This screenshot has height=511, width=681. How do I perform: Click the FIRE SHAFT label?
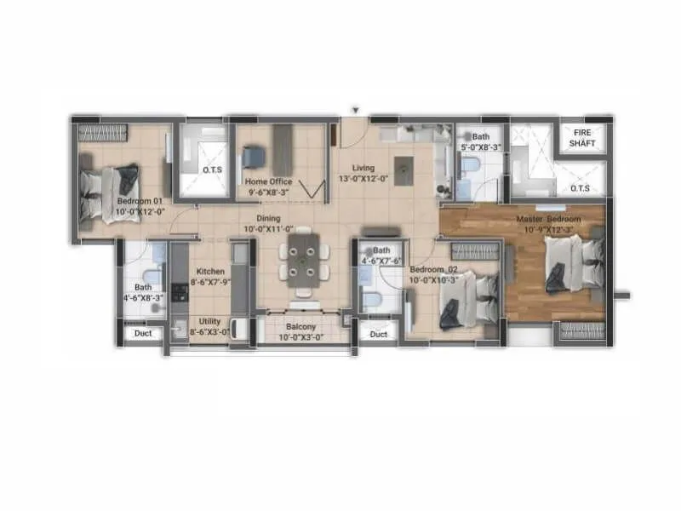pos(583,138)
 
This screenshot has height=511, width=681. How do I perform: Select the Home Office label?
pos(268,181)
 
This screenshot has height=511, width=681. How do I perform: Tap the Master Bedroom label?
pos(549,220)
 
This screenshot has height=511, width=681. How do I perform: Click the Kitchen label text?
pos(208,272)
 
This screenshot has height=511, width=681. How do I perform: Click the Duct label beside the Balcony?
pos(379,335)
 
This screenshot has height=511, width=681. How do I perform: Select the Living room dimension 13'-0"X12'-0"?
pos(363,179)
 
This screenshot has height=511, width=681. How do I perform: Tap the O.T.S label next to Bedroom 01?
pos(212,170)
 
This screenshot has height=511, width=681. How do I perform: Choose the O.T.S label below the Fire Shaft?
pos(581,188)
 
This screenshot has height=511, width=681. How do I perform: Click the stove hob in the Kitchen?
pos(179,292)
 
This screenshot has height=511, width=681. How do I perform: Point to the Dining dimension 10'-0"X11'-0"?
pos(268,229)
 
